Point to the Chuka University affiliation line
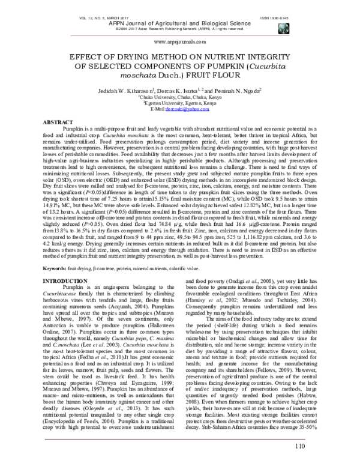point(180,95)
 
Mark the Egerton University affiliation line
point(180,102)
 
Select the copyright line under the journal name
point(180,18)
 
